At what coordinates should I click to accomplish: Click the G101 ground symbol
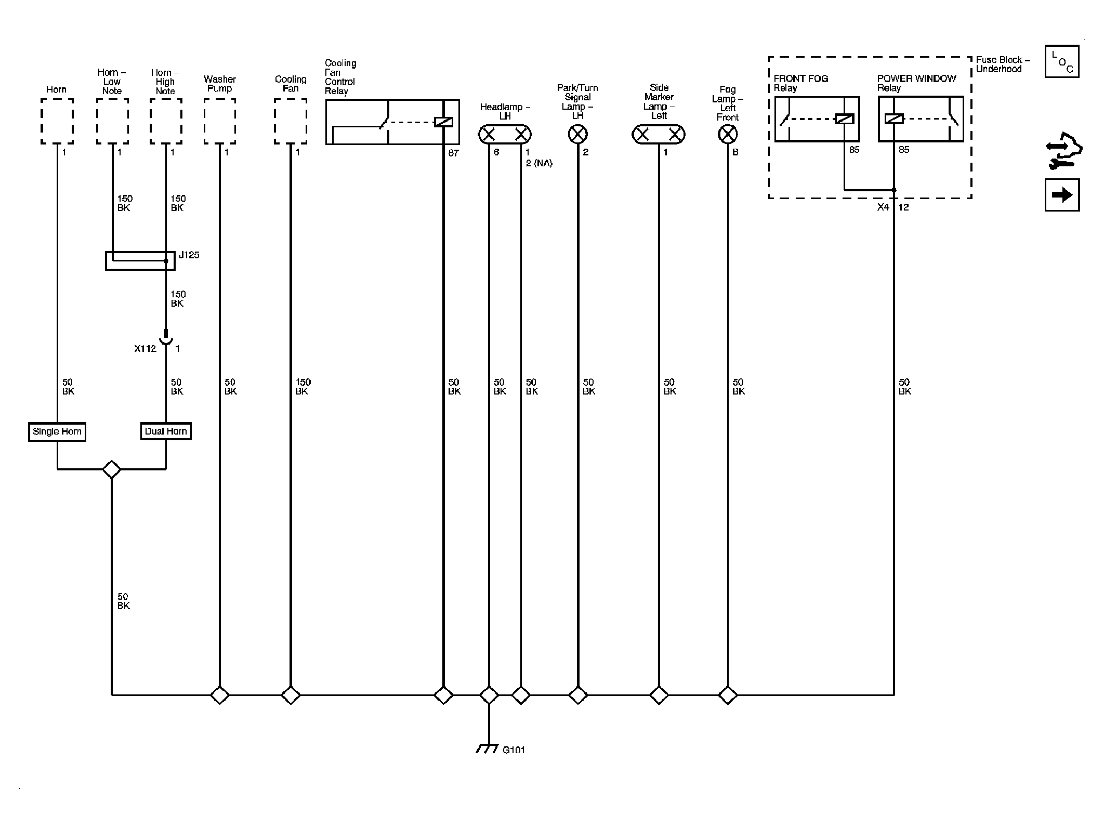pos(488,748)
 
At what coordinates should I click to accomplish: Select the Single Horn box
pos(57,431)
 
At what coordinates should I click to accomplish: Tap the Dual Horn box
pos(166,431)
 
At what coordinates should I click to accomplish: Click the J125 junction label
pos(189,255)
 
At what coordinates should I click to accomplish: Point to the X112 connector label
pos(145,349)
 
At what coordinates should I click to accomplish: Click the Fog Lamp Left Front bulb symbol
pos(728,135)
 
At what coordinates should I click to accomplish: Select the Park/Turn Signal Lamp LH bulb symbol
pos(578,135)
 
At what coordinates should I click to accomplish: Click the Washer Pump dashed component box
pos(220,122)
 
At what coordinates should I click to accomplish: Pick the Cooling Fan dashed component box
pos(291,122)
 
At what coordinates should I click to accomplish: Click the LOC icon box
pos(1062,61)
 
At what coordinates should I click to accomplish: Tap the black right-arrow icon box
pos(1062,195)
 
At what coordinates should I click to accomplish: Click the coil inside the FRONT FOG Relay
pos(845,119)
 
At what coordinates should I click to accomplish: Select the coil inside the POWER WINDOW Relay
pos(894,119)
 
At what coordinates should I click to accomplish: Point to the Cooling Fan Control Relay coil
pos(443,122)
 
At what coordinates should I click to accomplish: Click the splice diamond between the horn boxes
pos(112,469)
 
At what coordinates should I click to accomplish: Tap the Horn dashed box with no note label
pos(57,122)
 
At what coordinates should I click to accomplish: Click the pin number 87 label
pos(454,153)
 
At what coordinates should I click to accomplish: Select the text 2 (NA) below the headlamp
pos(539,163)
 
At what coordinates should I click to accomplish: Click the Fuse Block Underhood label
pos(1003,64)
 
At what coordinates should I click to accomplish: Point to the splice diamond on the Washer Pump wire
pos(220,695)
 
